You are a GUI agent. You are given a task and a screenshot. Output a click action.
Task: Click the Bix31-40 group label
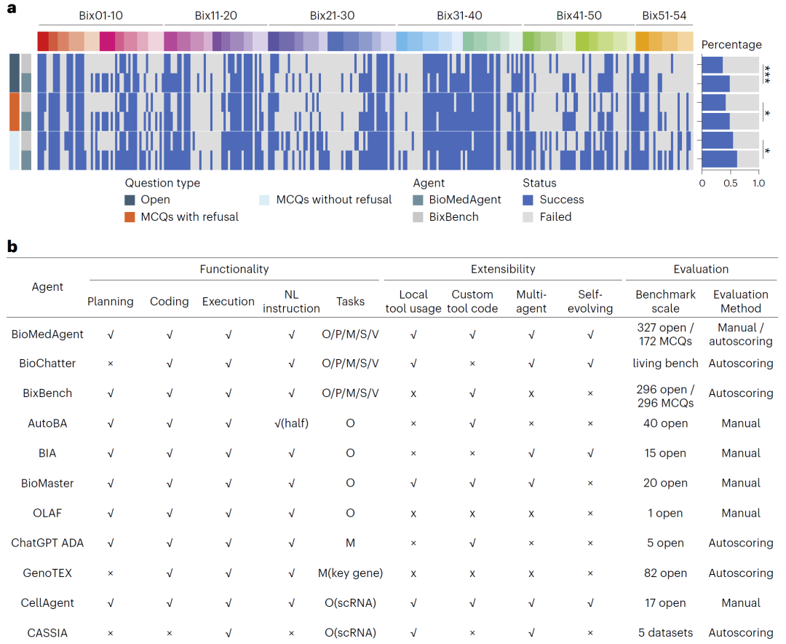coord(459,15)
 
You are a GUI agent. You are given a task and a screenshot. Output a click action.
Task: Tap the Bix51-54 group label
coord(664,15)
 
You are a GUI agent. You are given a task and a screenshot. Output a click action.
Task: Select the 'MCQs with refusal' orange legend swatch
coord(130,216)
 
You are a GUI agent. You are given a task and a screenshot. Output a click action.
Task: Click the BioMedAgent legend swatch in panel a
coord(418,200)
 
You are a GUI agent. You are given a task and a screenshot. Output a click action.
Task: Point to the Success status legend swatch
coord(528,200)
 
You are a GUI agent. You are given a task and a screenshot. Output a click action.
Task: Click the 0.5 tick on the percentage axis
coord(730,184)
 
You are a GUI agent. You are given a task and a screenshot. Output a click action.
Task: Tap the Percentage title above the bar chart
coord(731,44)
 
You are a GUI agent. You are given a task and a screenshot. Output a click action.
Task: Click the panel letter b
coord(12,246)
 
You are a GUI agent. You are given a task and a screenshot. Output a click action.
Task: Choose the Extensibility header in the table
coord(503,269)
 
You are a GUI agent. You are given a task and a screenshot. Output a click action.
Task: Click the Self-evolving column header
coord(589,301)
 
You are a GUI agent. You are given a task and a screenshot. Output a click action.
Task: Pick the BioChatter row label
coord(44,363)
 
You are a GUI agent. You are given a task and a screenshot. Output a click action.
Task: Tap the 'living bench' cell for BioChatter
coord(665,363)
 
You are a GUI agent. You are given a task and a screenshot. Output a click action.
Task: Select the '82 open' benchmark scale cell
coord(665,573)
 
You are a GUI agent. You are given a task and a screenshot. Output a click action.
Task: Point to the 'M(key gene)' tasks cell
coord(350,573)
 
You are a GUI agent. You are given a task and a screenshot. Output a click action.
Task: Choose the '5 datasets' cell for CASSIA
coord(665,632)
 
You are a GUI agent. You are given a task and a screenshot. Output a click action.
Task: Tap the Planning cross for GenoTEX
coord(110,573)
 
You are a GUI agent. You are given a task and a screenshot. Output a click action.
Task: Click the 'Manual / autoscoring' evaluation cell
coord(740,334)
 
